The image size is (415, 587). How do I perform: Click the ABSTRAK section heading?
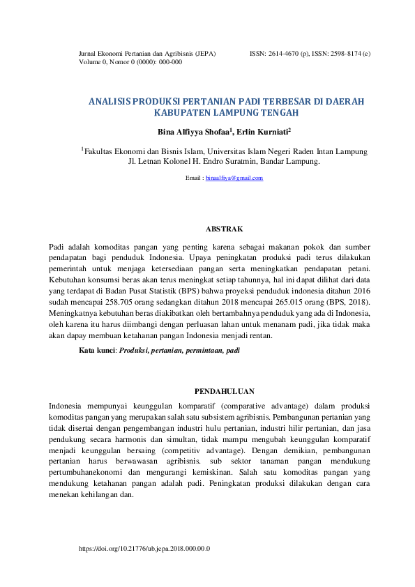click(x=224, y=229)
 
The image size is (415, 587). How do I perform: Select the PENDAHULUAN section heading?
click(x=224, y=391)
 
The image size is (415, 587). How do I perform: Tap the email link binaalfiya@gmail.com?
click(x=235, y=178)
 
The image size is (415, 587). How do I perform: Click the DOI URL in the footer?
click(x=144, y=549)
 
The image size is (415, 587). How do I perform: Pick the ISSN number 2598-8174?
click(x=340, y=53)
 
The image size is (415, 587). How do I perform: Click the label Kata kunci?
click(x=97, y=351)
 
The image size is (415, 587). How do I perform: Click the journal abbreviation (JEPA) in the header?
click(x=206, y=53)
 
